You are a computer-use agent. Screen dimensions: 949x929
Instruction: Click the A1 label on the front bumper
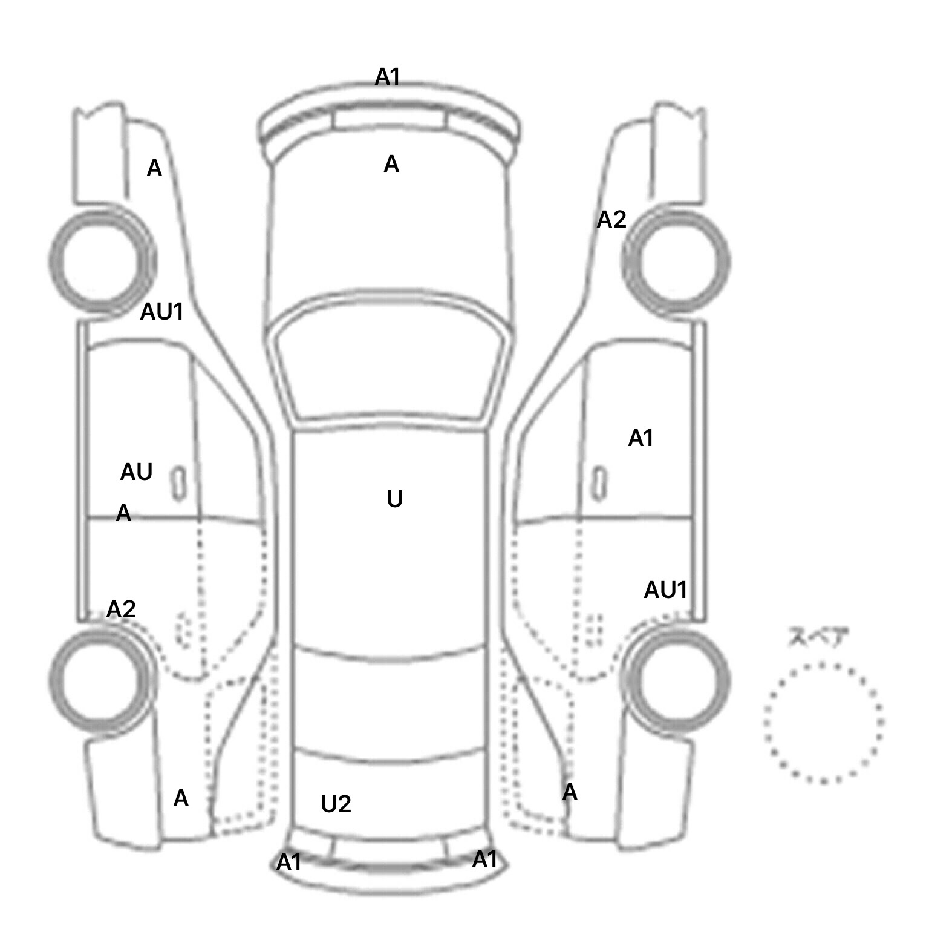[x=388, y=77]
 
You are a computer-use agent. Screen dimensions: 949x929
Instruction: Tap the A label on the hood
[x=391, y=164]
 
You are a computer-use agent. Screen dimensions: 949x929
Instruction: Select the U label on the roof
[x=394, y=499]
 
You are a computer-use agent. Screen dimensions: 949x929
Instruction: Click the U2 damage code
[x=336, y=804]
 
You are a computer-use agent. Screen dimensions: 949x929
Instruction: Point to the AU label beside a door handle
[x=136, y=472]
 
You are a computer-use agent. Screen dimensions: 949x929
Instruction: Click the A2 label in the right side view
[x=611, y=220]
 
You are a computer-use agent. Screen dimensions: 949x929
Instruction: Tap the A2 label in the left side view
[x=121, y=609]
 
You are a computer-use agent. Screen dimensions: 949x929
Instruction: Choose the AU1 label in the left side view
[x=161, y=312]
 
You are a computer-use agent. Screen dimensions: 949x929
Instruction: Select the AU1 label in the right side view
[x=665, y=590]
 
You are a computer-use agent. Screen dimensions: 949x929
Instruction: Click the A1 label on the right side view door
[x=641, y=438]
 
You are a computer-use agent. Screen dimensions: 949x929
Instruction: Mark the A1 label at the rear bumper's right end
[x=484, y=859]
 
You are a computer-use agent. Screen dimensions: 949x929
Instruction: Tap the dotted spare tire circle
[x=823, y=723]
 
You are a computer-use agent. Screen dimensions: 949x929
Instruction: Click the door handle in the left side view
[x=179, y=484]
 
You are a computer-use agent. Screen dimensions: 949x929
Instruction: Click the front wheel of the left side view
[x=101, y=261]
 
